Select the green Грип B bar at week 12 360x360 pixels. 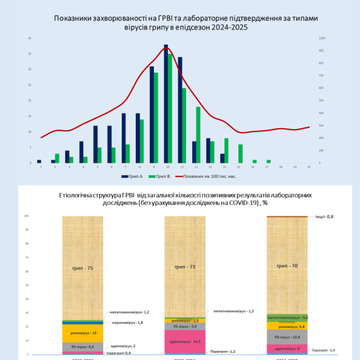[198, 135]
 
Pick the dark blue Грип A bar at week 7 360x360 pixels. [124, 138]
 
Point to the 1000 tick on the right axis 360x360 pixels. [322, 38]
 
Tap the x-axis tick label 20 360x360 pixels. [309, 167]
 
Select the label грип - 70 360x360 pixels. [287, 266]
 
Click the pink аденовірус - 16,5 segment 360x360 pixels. [185, 342]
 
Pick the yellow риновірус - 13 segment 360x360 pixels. [83, 333]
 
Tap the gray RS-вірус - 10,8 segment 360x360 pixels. [287, 337]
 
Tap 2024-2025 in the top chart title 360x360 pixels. [229, 27]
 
